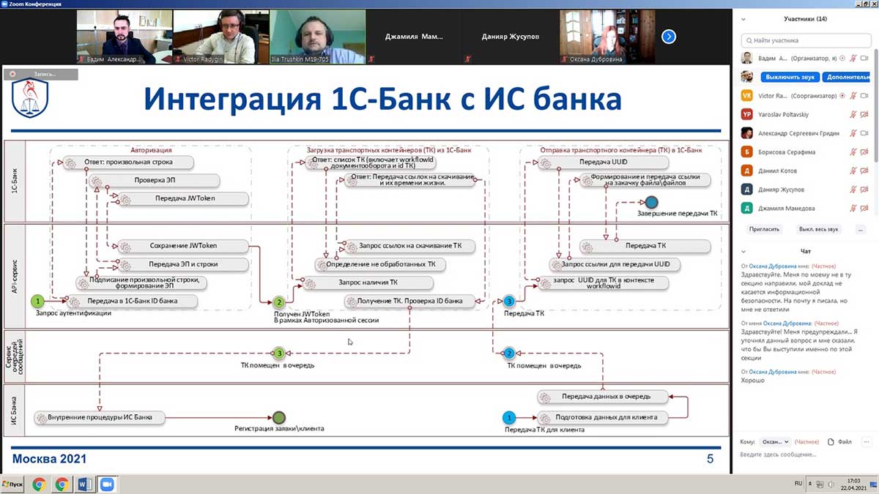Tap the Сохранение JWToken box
click(x=182, y=247)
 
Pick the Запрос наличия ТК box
click(x=368, y=282)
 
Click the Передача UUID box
click(x=603, y=162)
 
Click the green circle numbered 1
click(x=38, y=301)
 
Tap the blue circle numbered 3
click(x=509, y=301)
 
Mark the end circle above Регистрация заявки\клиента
click(x=278, y=418)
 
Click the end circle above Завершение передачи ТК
click(x=651, y=202)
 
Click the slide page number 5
click(x=709, y=459)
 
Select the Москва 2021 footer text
click(x=50, y=459)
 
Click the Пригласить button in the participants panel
click(x=764, y=229)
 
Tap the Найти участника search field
click(x=806, y=41)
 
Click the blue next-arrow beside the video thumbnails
click(x=669, y=37)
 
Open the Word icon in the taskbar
click(x=84, y=484)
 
